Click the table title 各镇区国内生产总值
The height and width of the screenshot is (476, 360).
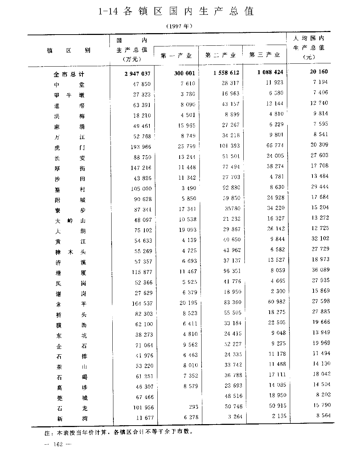[x=176, y=12]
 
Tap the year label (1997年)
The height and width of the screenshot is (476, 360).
[x=180, y=26]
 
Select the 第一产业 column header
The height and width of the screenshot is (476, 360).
[x=176, y=55]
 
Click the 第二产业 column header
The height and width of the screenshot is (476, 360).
[x=220, y=55]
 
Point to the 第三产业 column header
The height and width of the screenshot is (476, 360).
[x=264, y=55]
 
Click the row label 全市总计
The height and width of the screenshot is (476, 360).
[x=69, y=74]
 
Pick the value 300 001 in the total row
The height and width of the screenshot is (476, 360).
[x=184, y=73]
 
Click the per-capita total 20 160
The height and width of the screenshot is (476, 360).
[x=319, y=71]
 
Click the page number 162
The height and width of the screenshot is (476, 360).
[x=58, y=444]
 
